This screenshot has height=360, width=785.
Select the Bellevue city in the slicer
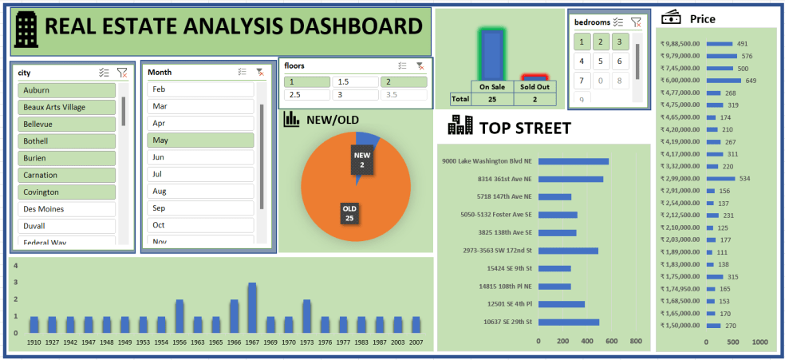pos(67,125)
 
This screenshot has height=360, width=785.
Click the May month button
pos(200,140)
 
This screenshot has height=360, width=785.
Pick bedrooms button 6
pos(620,61)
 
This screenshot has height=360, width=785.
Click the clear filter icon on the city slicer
pos(122,73)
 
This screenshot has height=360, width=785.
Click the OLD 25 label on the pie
pos(349,213)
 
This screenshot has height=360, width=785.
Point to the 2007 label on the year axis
pos(416,342)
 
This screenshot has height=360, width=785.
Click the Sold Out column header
pos(535,87)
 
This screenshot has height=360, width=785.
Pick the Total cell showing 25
pos(492,99)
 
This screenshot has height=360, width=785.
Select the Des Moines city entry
pos(67,209)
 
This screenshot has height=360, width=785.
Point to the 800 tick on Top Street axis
pos(636,342)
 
